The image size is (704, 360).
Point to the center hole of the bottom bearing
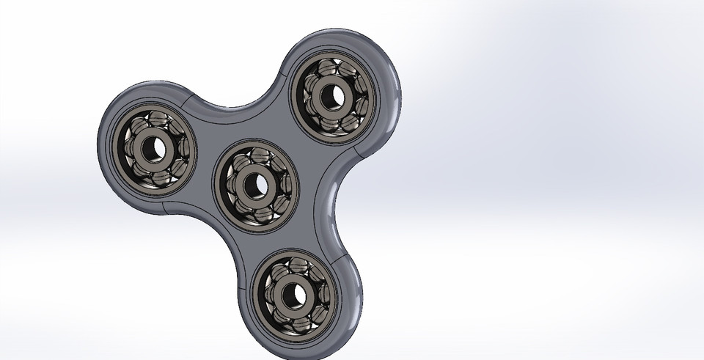click(296, 293)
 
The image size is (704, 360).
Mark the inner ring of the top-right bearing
click(325, 96)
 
